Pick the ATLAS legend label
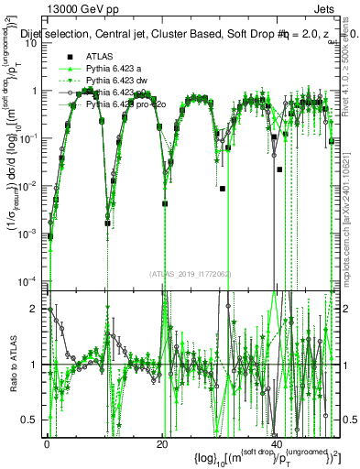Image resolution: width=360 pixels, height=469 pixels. pyautogui.click(x=101, y=57)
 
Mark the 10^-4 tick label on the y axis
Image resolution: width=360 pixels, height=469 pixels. pyautogui.click(x=28, y=280)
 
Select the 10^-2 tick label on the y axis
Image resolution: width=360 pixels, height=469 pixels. pyautogui.click(x=28, y=186)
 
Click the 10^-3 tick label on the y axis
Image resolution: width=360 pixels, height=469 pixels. pyautogui.click(x=28, y=234)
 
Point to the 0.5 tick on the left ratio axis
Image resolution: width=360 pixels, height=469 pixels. pyautogui.click(x=30, y=419)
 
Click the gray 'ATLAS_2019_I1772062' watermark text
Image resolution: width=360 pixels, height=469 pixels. pyautogui.click(x=189, y=274)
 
